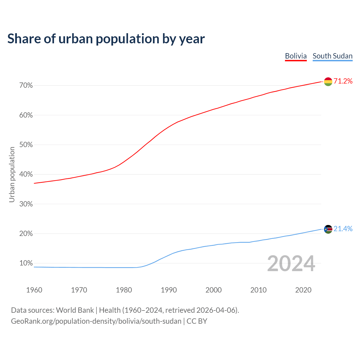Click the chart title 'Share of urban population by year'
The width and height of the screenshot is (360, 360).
click(106, 39)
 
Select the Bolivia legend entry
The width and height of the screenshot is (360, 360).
click(296, 56)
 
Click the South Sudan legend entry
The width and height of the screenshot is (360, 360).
click(332, 56)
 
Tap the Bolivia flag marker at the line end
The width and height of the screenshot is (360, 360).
click(328, 82)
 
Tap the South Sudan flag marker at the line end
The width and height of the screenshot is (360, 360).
click(328, 229)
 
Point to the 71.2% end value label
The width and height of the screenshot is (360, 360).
click(343, 81)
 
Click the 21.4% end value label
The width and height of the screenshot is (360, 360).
click(343, 229)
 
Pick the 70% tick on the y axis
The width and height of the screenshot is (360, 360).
click(26, 85)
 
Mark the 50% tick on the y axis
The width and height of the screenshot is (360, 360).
click(26, 145)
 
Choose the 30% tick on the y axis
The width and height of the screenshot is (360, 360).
click(26, 204)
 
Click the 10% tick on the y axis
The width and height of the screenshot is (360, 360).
click(26, 264)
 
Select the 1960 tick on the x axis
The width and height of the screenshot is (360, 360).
click(34, 290)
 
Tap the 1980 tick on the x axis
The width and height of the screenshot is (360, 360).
click(124, 290)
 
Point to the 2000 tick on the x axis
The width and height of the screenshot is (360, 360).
click(213, 290)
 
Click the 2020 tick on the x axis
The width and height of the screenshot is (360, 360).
click(303, 290)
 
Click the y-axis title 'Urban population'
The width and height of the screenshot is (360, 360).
click(12, 174)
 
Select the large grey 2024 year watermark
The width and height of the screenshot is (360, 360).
click(291, 264)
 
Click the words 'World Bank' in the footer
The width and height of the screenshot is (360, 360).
click(75, 310)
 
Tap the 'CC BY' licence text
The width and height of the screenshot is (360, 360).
click(197, 321)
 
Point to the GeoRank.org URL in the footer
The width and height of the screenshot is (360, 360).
click(96, 321)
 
